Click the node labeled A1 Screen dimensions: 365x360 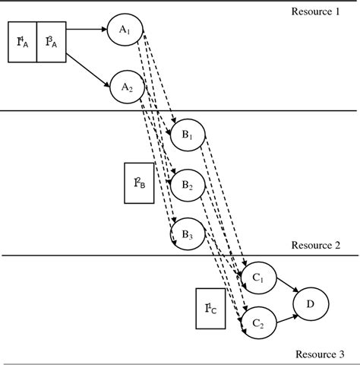(125, 30)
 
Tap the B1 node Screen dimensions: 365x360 (187, 136)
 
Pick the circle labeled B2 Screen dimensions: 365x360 (187, 185)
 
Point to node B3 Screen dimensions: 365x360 (187, 233)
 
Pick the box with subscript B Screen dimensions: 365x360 (139, 183)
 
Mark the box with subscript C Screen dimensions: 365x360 (210, 308)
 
